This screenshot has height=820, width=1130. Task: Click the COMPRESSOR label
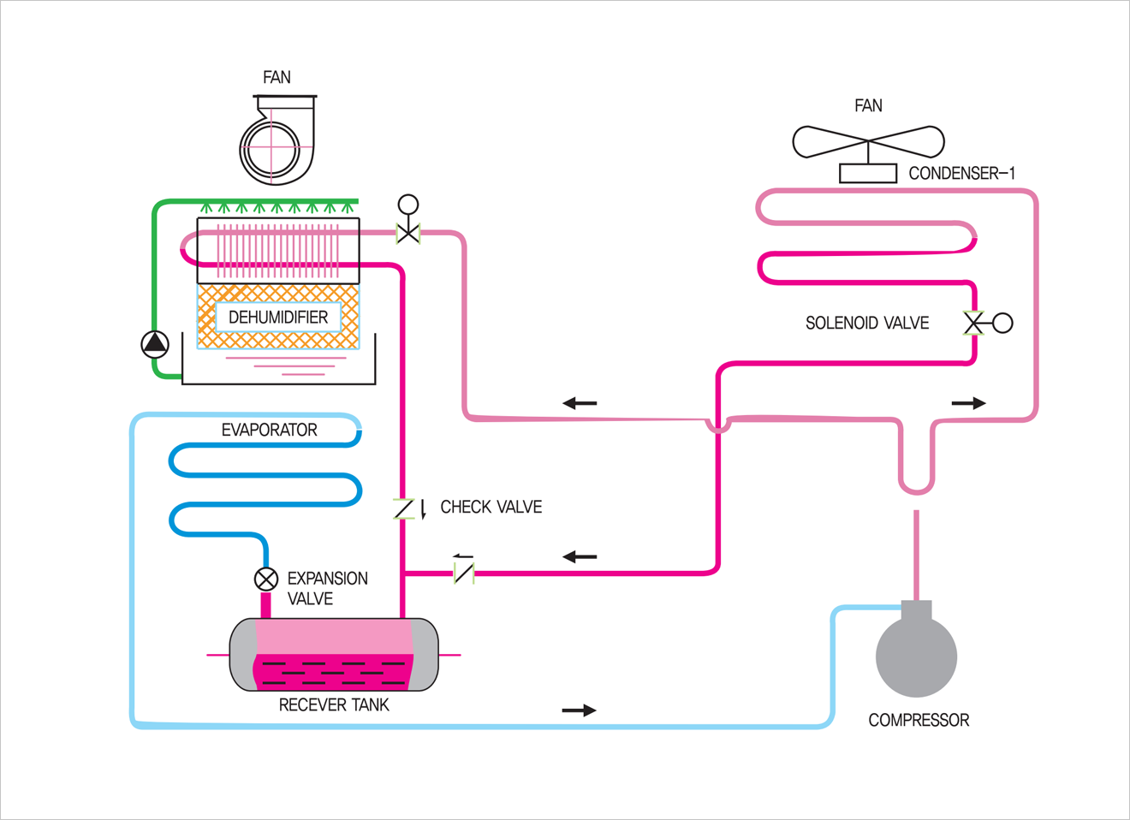pos(919,720)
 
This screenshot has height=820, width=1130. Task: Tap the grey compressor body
pos(916,656)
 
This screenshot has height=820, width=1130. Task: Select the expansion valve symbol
pos(266,579)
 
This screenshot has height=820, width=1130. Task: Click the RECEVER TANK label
pos(334,704)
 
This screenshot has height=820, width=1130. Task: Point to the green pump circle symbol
pos(155,344)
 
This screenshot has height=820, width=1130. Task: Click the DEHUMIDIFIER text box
pos(278,318)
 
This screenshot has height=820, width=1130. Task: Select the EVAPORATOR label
pos(269,430)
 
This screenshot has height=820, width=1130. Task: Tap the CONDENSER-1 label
pos(961,173)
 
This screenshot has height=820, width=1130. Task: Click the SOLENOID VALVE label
pos(866,323)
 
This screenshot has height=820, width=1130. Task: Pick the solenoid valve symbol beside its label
pos(975,323)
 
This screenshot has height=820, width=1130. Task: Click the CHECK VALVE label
pos(491,507)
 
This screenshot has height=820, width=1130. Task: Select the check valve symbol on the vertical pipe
pos(404,509)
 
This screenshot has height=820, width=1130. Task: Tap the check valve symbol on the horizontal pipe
pos(463,571)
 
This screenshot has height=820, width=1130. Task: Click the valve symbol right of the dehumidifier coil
pos(408,231)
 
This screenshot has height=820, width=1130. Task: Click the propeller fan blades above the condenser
pos(868,141)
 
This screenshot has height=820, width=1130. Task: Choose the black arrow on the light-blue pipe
pos(579,710)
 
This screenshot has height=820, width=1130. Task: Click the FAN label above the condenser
pos(868,105)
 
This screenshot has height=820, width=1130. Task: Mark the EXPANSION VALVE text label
pos(327,588)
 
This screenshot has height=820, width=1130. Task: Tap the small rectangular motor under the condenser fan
pos(867,173)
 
